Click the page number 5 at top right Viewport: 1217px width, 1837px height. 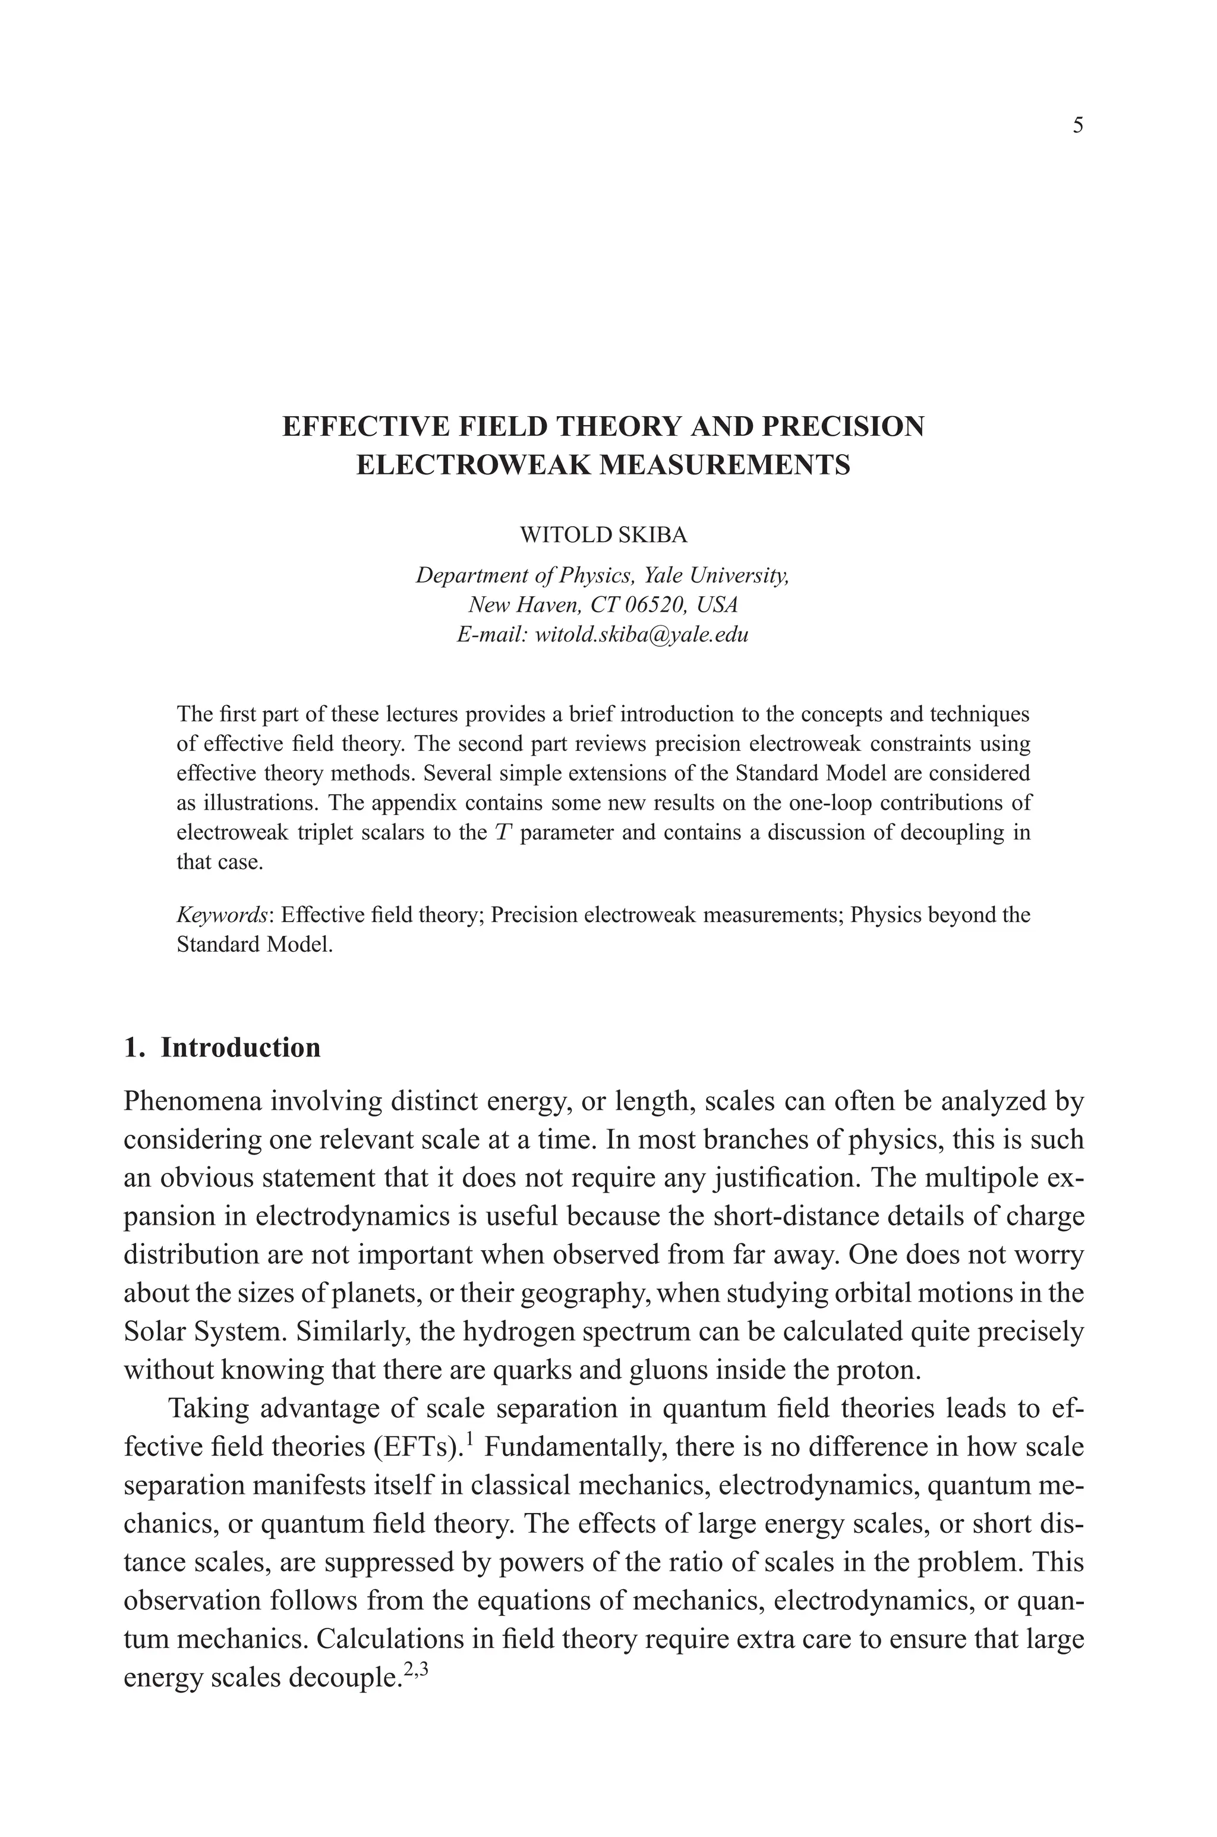[1078, 126]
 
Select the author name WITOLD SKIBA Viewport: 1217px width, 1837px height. [603, 535]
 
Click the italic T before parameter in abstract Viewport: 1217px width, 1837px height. [503, 833]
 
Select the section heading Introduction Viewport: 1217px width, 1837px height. [241, 1048]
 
